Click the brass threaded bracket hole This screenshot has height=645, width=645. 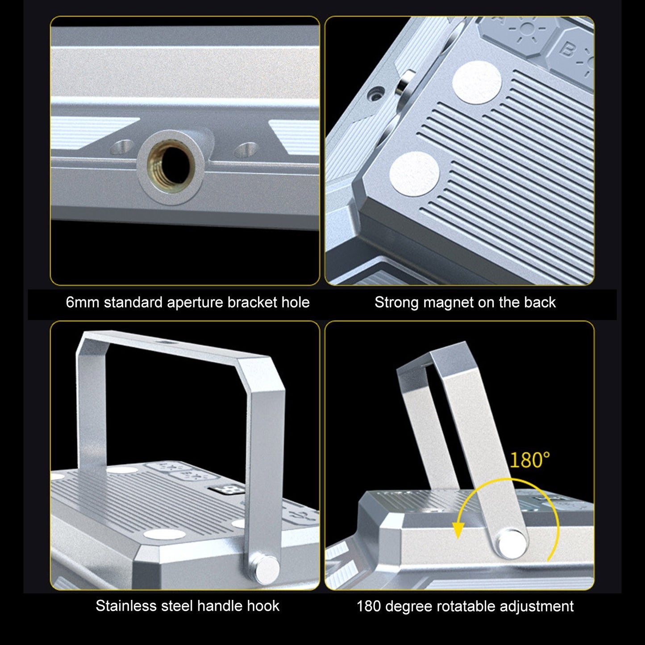tap(171, 166)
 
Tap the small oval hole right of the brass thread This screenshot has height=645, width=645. tap(246, 149)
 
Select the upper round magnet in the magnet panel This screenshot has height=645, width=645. tap(477, 82)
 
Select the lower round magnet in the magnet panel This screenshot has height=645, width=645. tap(414, 174)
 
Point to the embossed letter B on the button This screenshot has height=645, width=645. tap(566, 50)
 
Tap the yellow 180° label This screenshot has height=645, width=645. tap(529, 460)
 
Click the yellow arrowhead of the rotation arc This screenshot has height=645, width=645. tap(458, 529)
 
